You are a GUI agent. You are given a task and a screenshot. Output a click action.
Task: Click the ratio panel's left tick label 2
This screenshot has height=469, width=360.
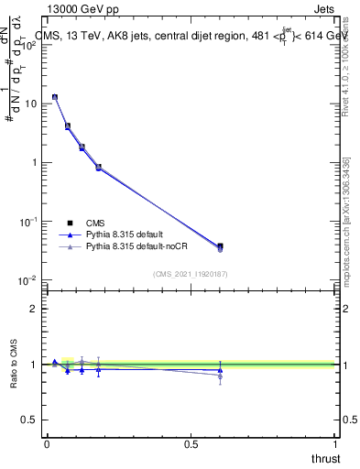click(x=34, y=309)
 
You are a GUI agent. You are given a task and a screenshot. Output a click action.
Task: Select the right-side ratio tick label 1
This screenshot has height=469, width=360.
click(x=345, y=365)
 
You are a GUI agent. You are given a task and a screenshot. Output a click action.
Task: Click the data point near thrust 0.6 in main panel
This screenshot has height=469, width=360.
click(x=220, y=246)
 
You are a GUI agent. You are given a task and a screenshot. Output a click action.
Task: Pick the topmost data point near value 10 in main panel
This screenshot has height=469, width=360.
click(x=55, y=97)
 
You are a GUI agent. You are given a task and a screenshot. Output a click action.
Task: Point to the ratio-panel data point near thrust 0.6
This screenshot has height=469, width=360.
click(x=220, y=371)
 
